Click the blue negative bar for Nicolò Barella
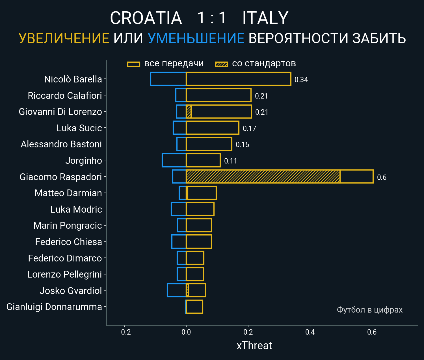click(x=168, y=79)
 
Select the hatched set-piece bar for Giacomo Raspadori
click(x=263, y=176)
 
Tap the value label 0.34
click(x=301, y=80)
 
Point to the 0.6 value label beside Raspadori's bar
click(x=382, y=177)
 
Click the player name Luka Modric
click(x=76, y=209)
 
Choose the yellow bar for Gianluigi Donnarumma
click(x=194, y=307)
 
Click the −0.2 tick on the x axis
click(x=124, y=332)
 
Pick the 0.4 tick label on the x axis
click(x=310, y=332)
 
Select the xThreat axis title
click(x=254, y=346)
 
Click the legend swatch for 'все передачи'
click(x=134, y=64)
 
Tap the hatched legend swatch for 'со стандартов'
click(x=222, y=64)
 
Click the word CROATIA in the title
click(x=146, y=18)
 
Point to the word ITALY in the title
click(x=265, y=18)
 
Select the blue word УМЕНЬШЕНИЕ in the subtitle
click(x=196, y=38)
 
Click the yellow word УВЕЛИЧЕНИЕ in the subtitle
click(x=64, y=38)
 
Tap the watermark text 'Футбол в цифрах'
click(x=369, y=310)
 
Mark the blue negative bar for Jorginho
click(x=174, y=160)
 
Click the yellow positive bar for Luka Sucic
click(x=213, y=128)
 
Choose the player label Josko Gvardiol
click(x=71, y=291)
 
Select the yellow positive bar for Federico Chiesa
click(x=199, y=242)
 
